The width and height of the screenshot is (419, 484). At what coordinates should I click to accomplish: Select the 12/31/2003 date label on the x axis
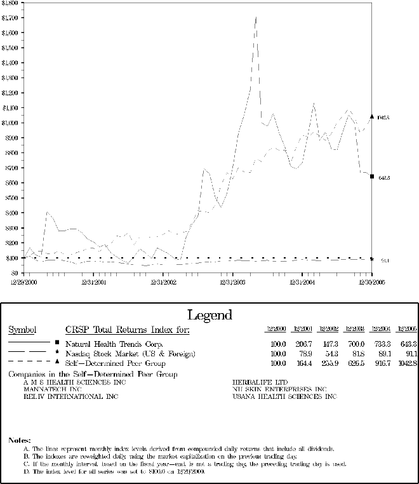coord(232,281)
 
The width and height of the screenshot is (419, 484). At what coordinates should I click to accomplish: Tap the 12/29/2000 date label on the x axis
coord(24,281)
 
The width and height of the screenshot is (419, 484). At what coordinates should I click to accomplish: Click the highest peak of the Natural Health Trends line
coord(256,17)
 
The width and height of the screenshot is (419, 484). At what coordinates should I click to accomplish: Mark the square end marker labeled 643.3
coord(372,177)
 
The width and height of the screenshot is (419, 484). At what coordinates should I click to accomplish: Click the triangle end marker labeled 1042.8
coord(372,116)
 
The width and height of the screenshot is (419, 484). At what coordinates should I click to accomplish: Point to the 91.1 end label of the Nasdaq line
coord(385,260)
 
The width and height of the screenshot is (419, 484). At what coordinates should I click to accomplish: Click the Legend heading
coord(209,315)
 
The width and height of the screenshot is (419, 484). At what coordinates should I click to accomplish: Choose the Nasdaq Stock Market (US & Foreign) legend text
coord(130,353)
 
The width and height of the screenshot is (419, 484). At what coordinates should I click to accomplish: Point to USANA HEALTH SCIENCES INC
coord(285,396)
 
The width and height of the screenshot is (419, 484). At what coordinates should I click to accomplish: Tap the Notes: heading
coord(19,440)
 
